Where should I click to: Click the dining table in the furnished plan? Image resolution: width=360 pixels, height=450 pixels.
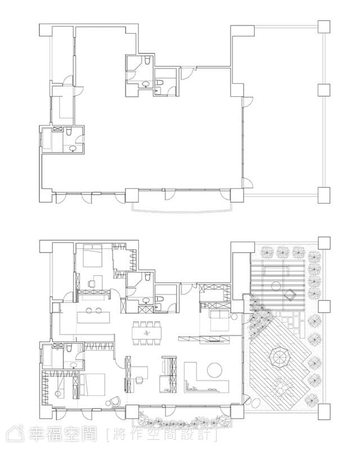click(x=147, y=333)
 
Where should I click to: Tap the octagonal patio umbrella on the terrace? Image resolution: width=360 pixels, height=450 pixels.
click(x=280, y=358)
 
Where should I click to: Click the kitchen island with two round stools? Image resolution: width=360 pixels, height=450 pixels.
click(x=93, y=317)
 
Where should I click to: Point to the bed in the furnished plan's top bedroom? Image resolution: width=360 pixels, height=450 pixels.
click(x=92, y=255)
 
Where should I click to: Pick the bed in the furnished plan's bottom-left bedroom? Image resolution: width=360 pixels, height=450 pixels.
click(x=92, y=385)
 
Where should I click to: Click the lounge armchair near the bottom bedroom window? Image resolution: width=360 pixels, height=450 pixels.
click(x=115, y=401)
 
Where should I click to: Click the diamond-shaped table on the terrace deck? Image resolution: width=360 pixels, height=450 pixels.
click(x=290, y=295)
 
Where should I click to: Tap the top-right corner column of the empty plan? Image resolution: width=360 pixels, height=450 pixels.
click(x=324, y=26)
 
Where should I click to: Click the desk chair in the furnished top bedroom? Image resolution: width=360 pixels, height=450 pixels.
click(x=92, y=283)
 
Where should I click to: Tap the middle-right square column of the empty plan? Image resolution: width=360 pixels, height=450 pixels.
click(x=324, y=90)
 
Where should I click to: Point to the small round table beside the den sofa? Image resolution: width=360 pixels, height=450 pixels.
click(x=233, y=317)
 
